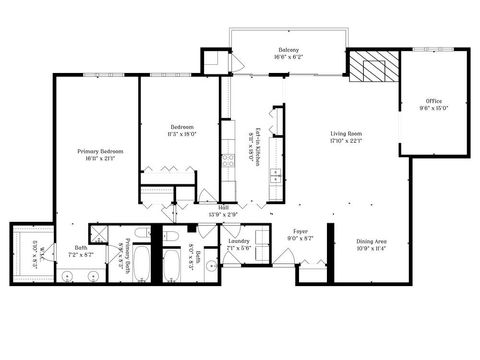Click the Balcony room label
click(289, 50)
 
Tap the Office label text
click(434, 101)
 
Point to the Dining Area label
click(371, 241)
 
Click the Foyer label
click(301, 231)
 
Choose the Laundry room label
click(238, 241)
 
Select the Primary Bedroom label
click(97, 151)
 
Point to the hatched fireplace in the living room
click(371, 68)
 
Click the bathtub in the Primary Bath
click(141, 265)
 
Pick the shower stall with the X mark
click(100, 232)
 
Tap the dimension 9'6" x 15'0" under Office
click(434, 109)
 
